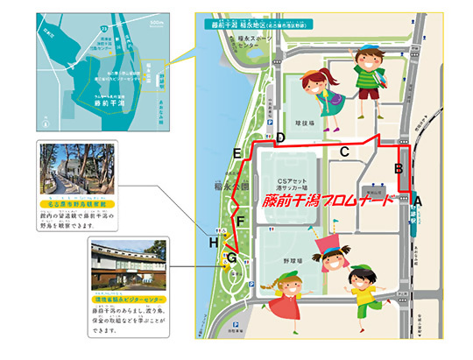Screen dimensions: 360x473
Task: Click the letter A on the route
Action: (x=418, y=201)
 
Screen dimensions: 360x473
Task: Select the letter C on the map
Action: (x=345, y=152)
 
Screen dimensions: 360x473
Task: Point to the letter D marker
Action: (x=280, y=138)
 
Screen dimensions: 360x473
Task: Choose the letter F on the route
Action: (x=240, y=221)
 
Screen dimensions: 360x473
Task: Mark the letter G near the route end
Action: (x=231, y=258)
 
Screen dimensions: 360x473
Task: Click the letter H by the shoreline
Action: (x=213, y=242)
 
